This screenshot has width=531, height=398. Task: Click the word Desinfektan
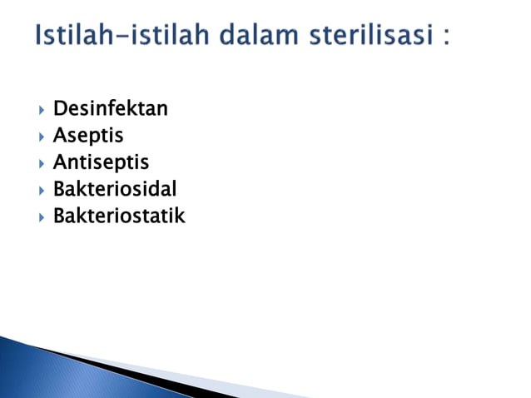110,108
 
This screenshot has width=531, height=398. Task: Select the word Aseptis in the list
88,135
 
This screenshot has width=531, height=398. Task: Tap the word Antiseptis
101,162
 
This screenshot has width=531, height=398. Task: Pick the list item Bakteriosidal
115,189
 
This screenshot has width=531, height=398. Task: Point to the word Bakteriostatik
119,216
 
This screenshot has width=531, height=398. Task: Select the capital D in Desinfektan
60,108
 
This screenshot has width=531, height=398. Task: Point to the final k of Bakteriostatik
179,216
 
